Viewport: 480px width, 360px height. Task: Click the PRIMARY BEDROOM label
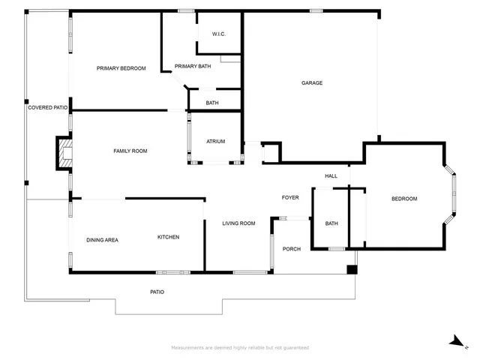[x=121, y=68]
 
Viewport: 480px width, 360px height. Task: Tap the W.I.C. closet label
[x=219, y=34]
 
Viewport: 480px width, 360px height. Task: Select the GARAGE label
[x=312, y=82]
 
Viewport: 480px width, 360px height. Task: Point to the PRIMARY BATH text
[x=193, y=67]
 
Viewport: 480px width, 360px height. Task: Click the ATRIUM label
[x=216, y=141]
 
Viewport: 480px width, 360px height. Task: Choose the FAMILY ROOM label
[x=130, y=151]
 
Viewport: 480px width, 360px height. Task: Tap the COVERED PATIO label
[x=48, y=108]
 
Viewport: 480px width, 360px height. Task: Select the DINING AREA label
[x=102, y=240]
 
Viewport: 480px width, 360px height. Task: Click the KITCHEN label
[x=168, y=237]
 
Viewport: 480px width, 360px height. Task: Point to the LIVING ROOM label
[x=238, y=223]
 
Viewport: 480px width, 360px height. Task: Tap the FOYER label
[x=290, y=197]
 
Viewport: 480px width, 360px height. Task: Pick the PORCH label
[x=291, y=249]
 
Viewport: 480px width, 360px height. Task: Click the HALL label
[x=331, y=176]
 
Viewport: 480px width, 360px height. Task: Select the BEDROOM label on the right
[x=404, y=198]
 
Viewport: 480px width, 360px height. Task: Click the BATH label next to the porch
[x=331, y=223]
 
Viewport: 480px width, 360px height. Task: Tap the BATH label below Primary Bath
[x=212, y=103]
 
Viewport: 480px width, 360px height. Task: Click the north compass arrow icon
[x=455, y=341]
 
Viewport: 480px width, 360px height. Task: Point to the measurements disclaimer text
[x=240, y=348]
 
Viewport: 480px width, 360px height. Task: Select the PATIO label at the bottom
[x=157, y=292]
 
